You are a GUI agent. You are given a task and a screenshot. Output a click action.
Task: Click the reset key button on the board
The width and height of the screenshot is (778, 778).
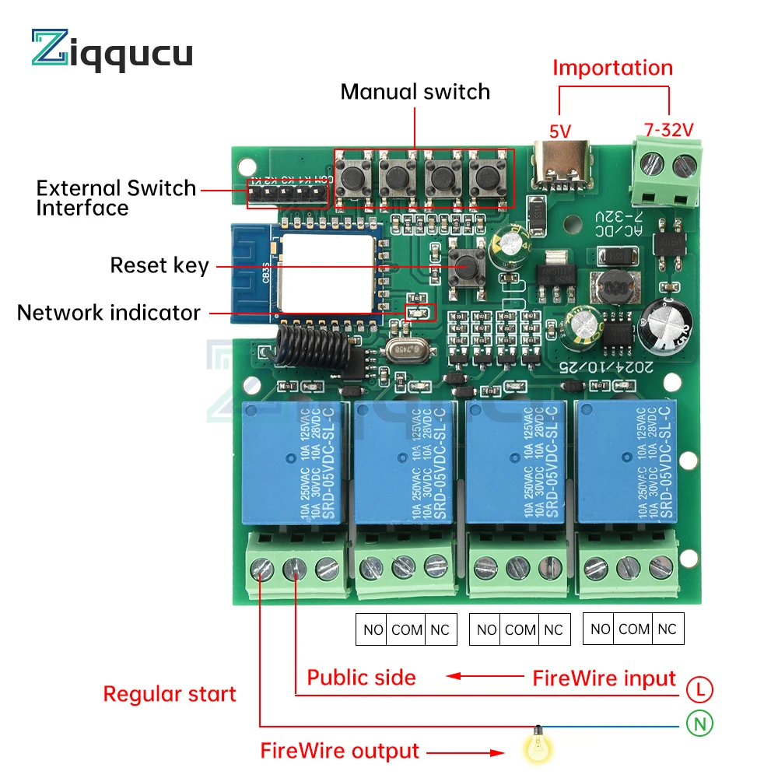(x=467, y=265)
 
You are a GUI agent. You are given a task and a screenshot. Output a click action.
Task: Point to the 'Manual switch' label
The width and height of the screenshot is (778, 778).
(x=415, y=92)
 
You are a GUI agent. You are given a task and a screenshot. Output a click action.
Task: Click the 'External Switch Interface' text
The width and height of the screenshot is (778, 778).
(x=116, y=198)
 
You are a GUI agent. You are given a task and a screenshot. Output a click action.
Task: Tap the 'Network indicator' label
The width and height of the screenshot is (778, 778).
(x=109, y=313)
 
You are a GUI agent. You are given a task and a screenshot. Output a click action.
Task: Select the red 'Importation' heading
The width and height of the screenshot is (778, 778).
(x=612, y=68)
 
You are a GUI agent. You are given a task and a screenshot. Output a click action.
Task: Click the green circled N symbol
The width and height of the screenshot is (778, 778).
(x=700, y=724)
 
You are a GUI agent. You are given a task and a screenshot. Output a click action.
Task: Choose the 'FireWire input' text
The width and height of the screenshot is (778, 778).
(x=604, y=678)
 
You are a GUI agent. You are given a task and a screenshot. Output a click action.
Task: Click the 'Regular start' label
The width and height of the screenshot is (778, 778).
(x=170, y=694)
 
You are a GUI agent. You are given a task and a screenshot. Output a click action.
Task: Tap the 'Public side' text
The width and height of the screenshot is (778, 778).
(x=361, y=677)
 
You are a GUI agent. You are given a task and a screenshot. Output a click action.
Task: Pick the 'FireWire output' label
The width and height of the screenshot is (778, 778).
(x=339, y=751)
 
